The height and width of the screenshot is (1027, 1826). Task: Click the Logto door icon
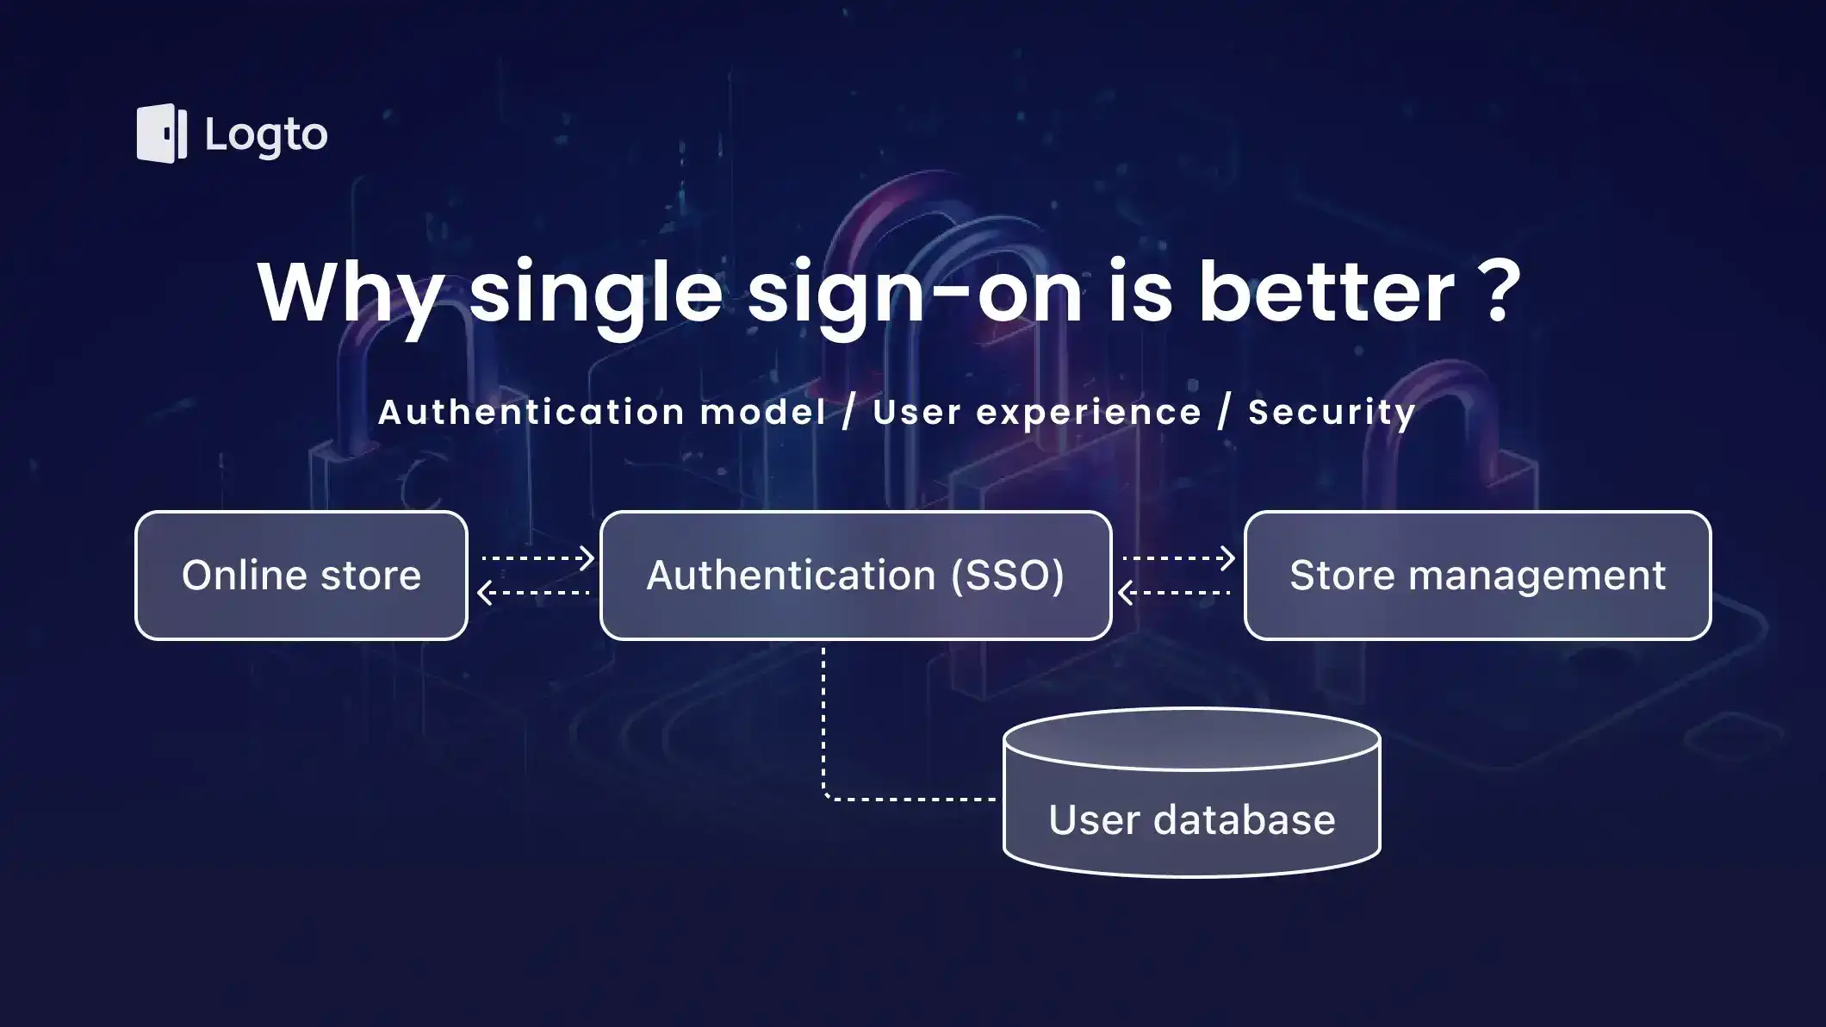tap(161, 134)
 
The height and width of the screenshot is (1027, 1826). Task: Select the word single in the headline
tap(595, 293)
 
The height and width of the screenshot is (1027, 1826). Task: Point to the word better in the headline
tap(1326, 293)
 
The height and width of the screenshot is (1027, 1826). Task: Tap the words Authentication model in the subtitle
tap(602, 412)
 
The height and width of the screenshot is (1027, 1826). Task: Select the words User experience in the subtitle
tap(1037, 412)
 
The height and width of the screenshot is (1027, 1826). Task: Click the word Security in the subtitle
tap(1332, 412)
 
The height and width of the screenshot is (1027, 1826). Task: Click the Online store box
tap(301, 576)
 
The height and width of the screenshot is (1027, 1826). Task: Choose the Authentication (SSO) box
tap(855, 576)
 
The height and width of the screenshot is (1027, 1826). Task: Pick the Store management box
tap(1477, 576)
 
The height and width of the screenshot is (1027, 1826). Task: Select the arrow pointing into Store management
tap(1178, 558)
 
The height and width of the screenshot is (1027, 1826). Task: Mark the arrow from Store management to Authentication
tap(1174, 593)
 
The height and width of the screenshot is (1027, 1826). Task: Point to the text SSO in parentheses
tap(1008, 576)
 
